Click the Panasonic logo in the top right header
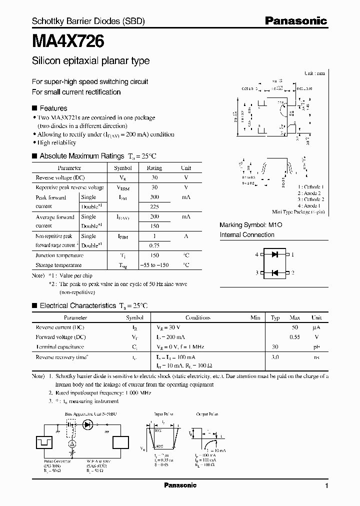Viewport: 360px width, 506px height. coord(295,21)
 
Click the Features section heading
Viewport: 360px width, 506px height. coord(53,108)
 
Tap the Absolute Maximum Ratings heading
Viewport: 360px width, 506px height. coord(81,156)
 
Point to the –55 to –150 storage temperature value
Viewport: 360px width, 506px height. coord(154,265)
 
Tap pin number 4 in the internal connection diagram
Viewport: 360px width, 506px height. coord(257,254)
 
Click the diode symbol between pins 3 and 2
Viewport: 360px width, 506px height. coord(274,272)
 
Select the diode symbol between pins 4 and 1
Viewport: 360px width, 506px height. coord(274,254)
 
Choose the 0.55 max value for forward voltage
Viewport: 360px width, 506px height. coord(295,337)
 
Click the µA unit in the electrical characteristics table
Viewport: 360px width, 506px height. coord(316,327)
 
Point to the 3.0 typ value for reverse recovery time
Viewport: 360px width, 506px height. coord(275,357)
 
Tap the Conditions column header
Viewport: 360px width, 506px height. coord(198,317)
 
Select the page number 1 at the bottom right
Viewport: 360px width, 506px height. coord(326,485)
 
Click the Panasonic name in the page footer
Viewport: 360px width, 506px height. coord(180,485)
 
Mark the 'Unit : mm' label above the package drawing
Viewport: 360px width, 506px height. coord(315,73)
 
